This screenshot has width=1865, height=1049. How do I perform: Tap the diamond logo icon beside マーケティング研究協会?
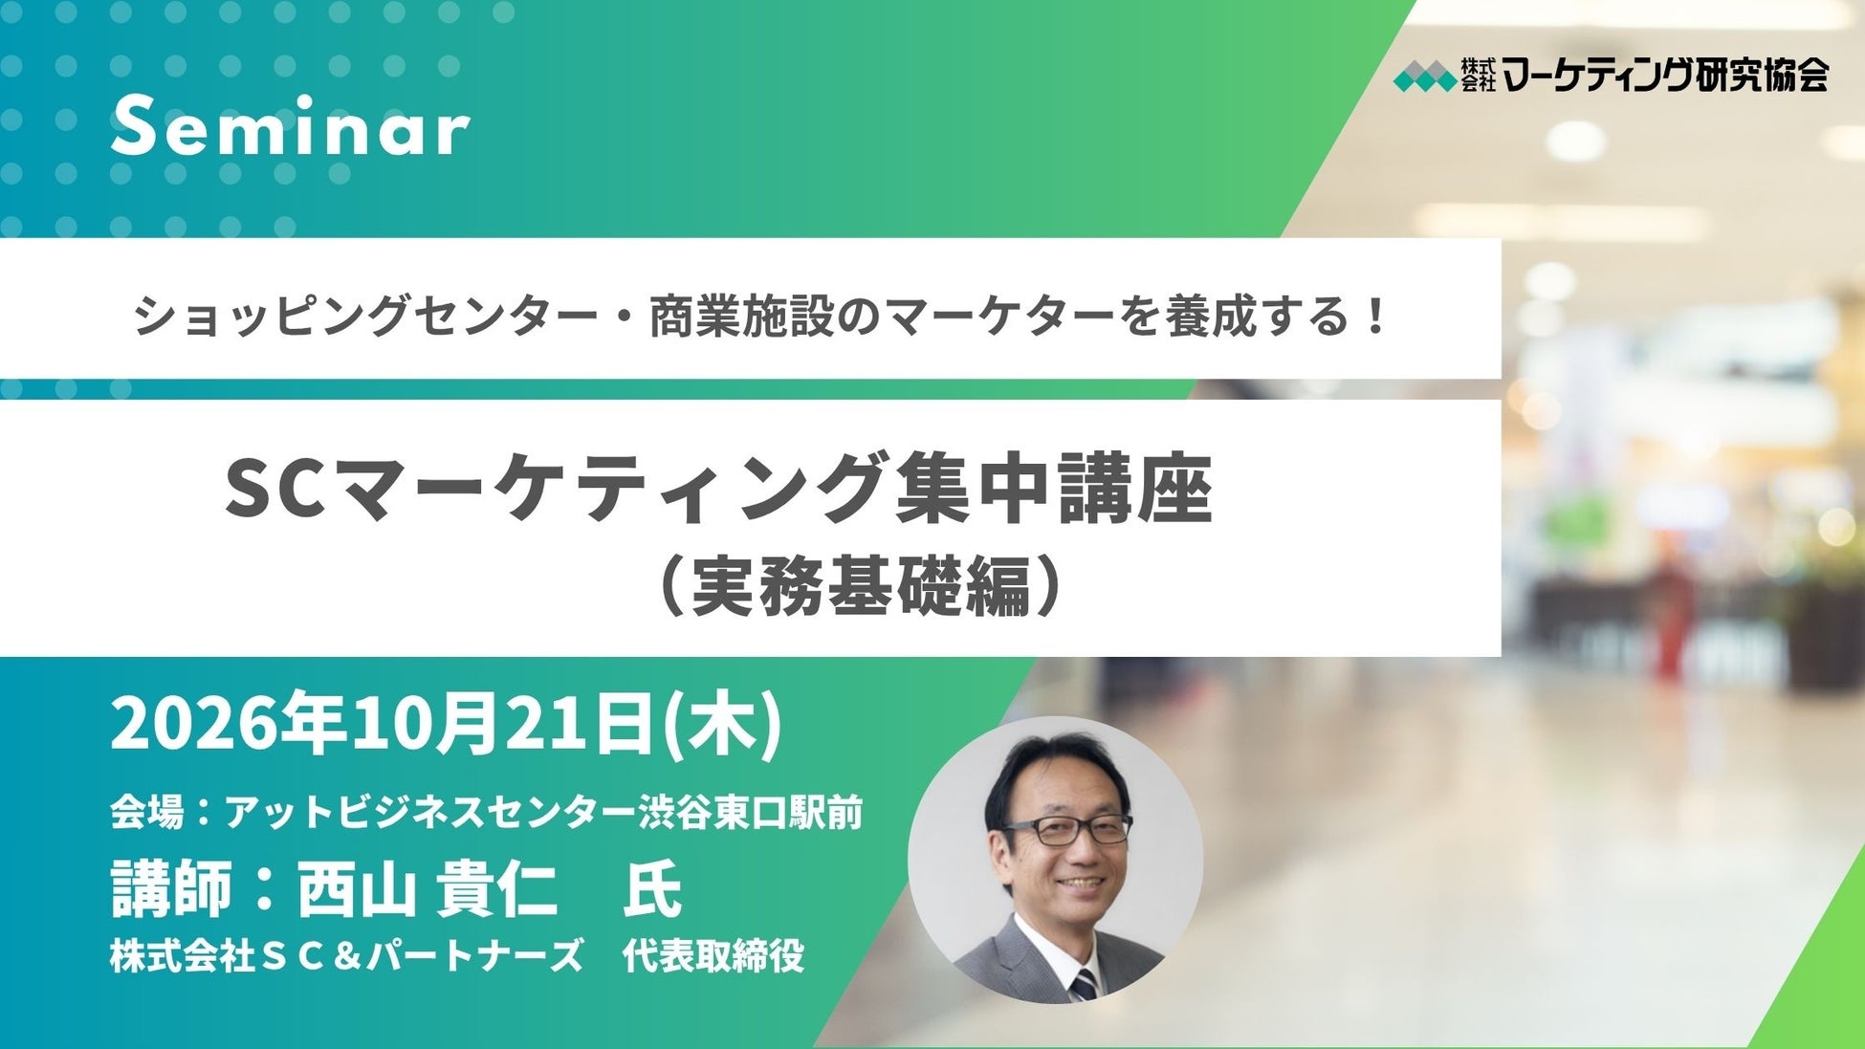click(1423, 76)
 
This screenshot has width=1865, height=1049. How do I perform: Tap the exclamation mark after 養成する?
click(1376, 317)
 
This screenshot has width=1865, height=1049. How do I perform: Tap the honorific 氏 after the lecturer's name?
click(652, 888)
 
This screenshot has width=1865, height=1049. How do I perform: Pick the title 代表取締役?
click(713, 956)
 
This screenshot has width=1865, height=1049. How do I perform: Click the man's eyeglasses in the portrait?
click(1081, 829)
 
